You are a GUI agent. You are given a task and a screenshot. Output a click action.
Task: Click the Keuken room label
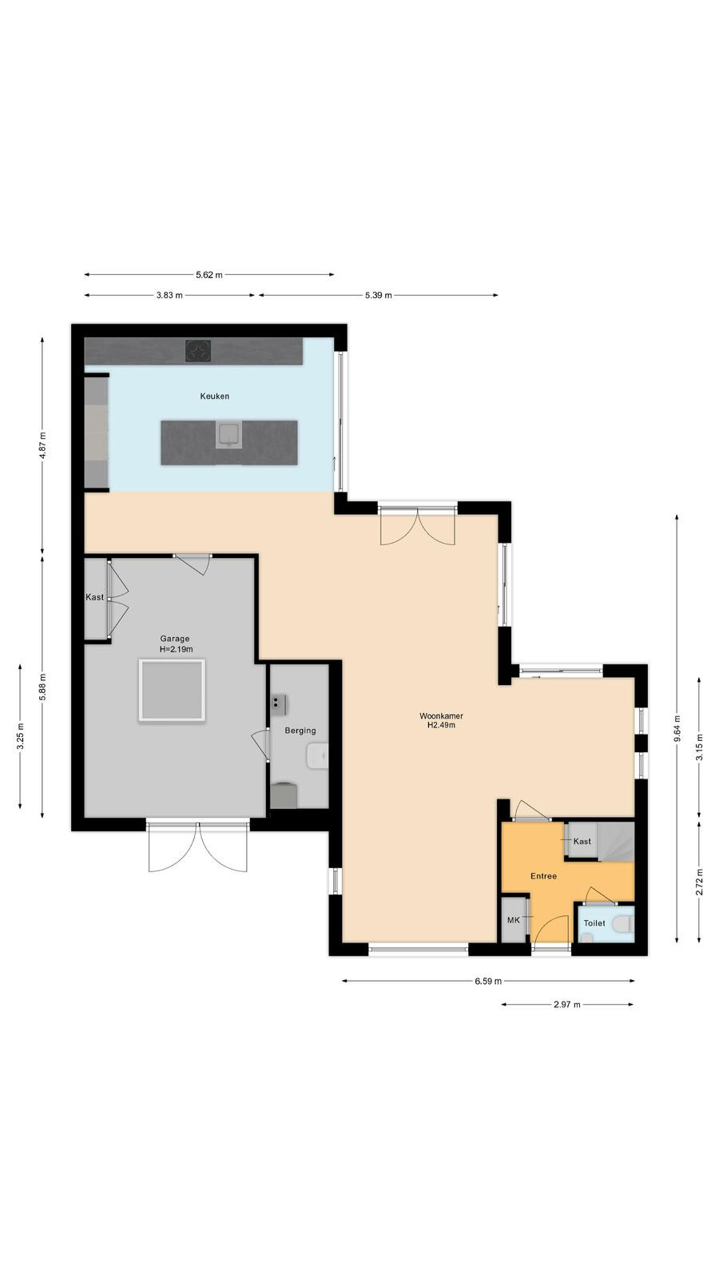click(x=215, y=396)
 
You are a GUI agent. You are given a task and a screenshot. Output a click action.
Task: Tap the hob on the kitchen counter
click(x=198, y=351)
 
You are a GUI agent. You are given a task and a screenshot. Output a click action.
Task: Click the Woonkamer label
click(x=441, y=715)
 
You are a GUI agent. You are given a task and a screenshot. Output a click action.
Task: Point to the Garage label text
click(x=175, y=639)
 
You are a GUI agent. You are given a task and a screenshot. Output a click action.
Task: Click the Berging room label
click(x=300, y=731)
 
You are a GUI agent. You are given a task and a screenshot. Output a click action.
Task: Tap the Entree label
click(x=543, y=876)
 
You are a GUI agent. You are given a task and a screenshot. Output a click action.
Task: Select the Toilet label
click(x=594, y=922)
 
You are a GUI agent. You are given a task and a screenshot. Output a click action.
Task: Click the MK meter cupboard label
click(x=514, y=920)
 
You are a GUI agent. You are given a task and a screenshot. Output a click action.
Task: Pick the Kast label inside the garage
click(x=95, y=597)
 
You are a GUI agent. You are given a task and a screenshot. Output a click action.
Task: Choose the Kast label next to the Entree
click(x=582, y=841)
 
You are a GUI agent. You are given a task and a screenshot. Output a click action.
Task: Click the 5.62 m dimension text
click(x=209, y=275)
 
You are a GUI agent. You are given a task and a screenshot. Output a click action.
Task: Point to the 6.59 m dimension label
click(x=488, y=981)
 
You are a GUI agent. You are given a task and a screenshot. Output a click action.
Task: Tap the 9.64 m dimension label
click(x=677, y=728)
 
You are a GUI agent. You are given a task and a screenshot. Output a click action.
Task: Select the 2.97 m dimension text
click(x=566, y=1004)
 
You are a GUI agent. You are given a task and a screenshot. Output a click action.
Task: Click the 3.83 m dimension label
click(x=169, y=295)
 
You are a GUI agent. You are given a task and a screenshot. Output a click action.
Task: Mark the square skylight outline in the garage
click(x=171, y=691)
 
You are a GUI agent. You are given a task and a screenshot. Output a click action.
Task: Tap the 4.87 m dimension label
click(x=42, y=446)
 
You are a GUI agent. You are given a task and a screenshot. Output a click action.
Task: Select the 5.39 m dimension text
click(x=379, y=295)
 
